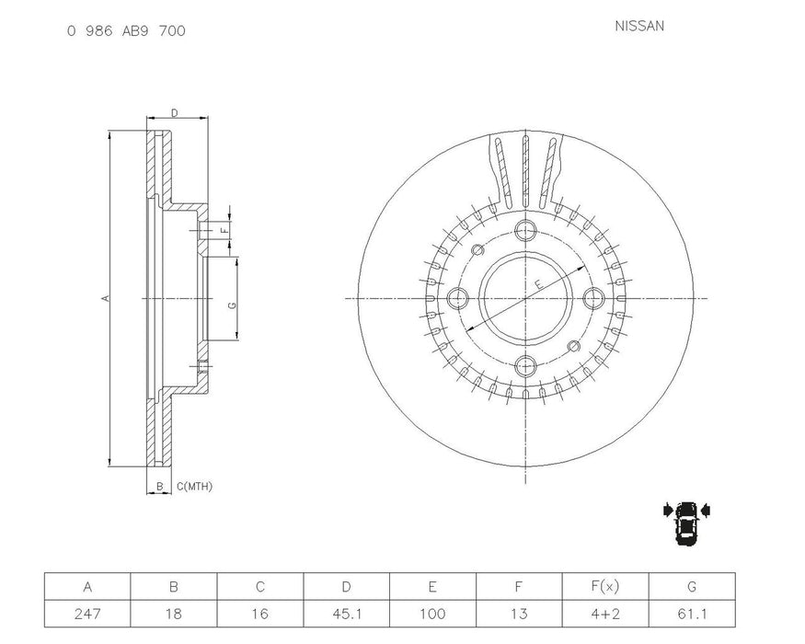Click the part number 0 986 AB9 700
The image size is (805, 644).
126,30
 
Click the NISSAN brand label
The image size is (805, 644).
639,26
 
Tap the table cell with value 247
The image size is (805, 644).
87,613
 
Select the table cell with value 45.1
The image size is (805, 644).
347,613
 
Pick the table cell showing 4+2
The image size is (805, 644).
605,613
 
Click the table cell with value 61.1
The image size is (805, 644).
692,613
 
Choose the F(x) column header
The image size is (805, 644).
605,587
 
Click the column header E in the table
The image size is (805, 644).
433,587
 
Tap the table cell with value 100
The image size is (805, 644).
433,613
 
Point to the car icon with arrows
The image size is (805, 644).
686,523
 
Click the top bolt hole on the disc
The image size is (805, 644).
525,231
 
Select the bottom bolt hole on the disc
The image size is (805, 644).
525,365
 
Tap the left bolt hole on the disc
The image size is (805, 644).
458,298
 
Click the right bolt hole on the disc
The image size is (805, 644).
593,298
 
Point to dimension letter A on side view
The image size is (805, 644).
105,298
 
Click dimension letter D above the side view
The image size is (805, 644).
174,113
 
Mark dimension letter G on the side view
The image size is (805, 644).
232,305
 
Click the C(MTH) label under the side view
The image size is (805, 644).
193,486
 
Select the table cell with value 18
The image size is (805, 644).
174,613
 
